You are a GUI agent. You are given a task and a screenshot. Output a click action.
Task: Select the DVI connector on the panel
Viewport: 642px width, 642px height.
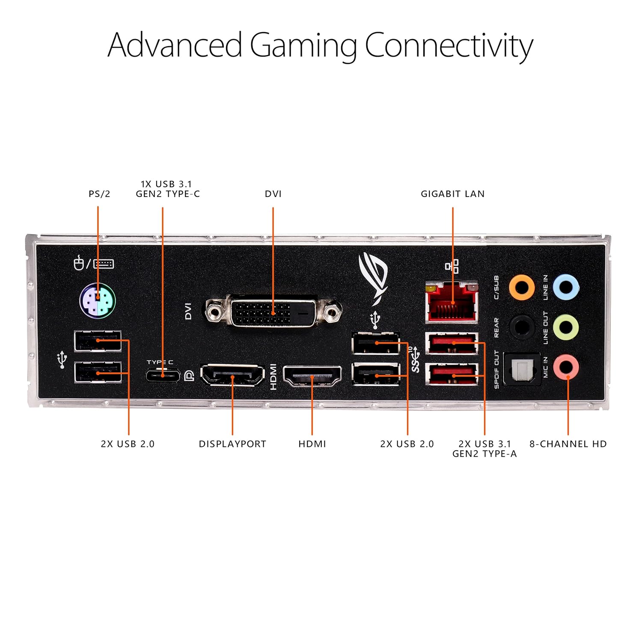click(273, 311)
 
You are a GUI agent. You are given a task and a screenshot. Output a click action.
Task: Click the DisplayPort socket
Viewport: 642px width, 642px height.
click(232, 375)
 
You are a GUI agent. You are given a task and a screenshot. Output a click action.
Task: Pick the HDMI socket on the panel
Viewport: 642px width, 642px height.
click(312, 376)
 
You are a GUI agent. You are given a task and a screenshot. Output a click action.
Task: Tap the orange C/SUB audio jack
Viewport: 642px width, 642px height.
click(521, 287)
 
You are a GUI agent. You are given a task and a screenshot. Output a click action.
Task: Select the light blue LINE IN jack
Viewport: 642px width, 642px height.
click(566, 287)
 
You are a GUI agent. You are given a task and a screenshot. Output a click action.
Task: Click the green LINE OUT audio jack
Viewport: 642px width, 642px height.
click(566, 327)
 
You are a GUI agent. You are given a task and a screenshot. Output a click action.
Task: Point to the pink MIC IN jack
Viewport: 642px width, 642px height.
click(566, 367)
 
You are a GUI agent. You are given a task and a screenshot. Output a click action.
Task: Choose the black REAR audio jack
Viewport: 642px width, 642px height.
click(521, 327)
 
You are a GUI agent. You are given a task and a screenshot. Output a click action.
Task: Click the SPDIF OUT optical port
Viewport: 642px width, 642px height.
click(522, 369)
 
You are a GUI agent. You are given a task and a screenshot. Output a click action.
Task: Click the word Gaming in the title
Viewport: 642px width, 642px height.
click(303, 45)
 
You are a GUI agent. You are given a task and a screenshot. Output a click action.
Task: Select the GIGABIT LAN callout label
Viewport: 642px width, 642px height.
click(452, 194)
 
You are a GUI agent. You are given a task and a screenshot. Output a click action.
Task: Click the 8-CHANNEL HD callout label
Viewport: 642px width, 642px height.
click(568, 444)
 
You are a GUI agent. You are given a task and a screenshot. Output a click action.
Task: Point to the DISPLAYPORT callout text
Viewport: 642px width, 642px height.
click(232, 444)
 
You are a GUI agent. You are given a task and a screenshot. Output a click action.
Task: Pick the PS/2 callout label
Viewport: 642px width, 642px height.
click(99, 194)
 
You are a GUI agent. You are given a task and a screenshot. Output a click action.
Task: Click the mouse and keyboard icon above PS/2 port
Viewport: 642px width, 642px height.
click(93, 263)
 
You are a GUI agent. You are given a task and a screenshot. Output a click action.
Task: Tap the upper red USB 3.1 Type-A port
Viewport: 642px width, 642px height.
click(452, 343)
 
